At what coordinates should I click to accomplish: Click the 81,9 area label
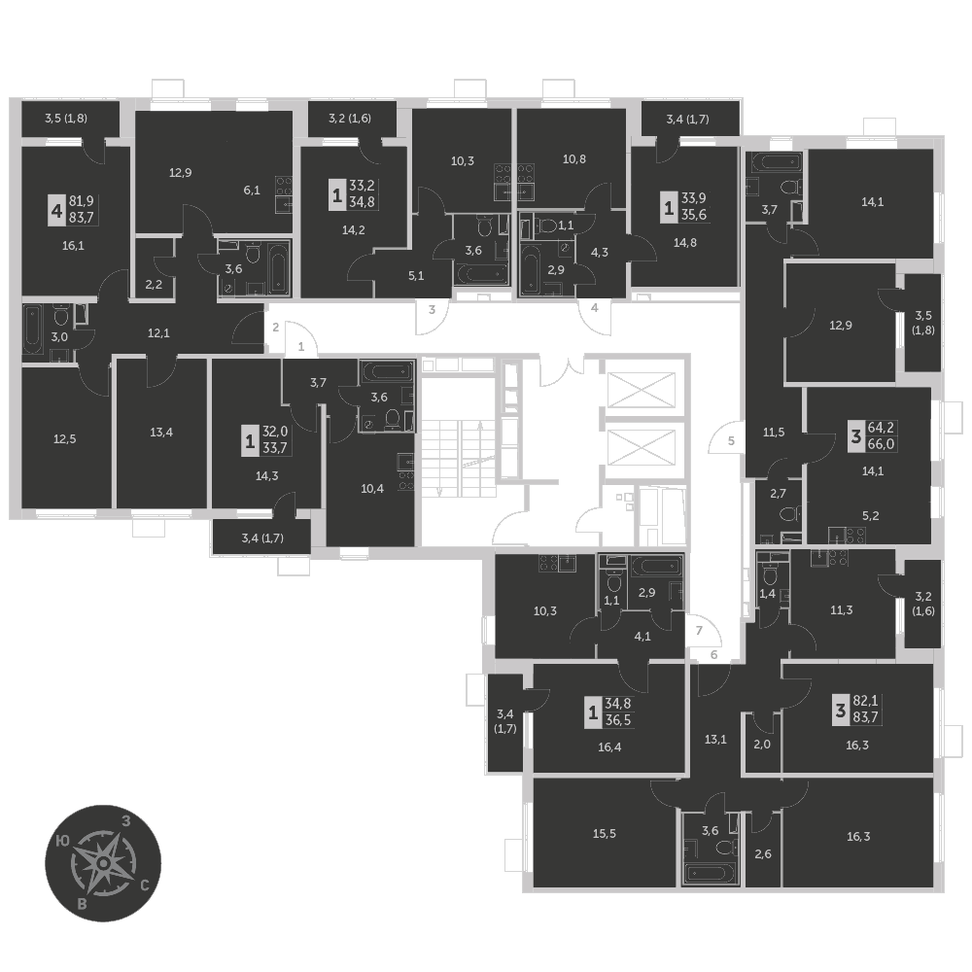(81, 200)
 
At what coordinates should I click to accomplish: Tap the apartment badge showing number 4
(57, 211)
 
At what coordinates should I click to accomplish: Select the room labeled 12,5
(64, 439)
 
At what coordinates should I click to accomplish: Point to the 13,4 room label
(161, 433)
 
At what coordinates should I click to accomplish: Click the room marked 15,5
(605, 834)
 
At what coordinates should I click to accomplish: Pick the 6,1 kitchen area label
(252, 191)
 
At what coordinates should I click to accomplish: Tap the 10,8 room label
(574, 159)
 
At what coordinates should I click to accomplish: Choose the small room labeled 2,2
(154, 285)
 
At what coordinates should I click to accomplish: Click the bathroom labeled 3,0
(59, 336)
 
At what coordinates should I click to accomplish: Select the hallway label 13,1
(715, 739)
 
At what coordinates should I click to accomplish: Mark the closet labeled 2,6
(763, 854)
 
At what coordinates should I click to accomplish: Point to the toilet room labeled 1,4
(768, 594)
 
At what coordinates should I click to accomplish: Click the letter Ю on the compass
(62, 841)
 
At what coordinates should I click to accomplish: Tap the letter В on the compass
(82, 904)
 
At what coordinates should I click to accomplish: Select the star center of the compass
(104, 863)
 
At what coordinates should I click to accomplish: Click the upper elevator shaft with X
(641, 390)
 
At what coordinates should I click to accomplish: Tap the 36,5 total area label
(618, 719)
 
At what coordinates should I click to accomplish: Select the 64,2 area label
(881, 428)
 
